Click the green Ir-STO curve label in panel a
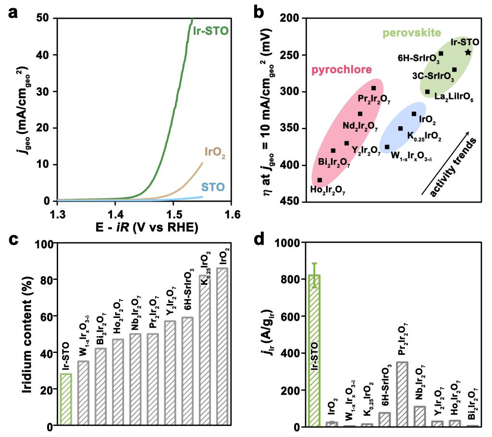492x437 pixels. [210, 32]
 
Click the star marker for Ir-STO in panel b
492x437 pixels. [468, 52]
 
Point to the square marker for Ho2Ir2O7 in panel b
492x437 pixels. [320, 180]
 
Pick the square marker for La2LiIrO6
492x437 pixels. [427, 92]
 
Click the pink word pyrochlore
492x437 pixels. [342, 70]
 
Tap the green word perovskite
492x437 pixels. [412, 33]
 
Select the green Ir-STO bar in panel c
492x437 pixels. [66, 400]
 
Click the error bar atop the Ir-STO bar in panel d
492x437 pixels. [315, 275]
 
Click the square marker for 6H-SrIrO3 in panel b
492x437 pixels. [441, 53]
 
